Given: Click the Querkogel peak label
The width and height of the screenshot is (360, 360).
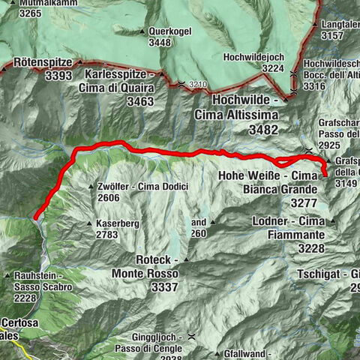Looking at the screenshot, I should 170,31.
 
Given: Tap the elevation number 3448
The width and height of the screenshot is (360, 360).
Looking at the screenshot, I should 160,42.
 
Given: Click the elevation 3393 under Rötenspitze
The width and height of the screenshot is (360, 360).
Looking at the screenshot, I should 58,76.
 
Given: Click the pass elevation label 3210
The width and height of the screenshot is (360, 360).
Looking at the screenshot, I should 197,84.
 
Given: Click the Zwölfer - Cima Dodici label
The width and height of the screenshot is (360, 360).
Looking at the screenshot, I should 142,186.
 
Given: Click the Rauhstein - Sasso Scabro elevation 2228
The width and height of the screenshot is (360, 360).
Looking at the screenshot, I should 26,298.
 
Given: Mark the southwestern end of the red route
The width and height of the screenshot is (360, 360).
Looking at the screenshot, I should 35,217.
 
